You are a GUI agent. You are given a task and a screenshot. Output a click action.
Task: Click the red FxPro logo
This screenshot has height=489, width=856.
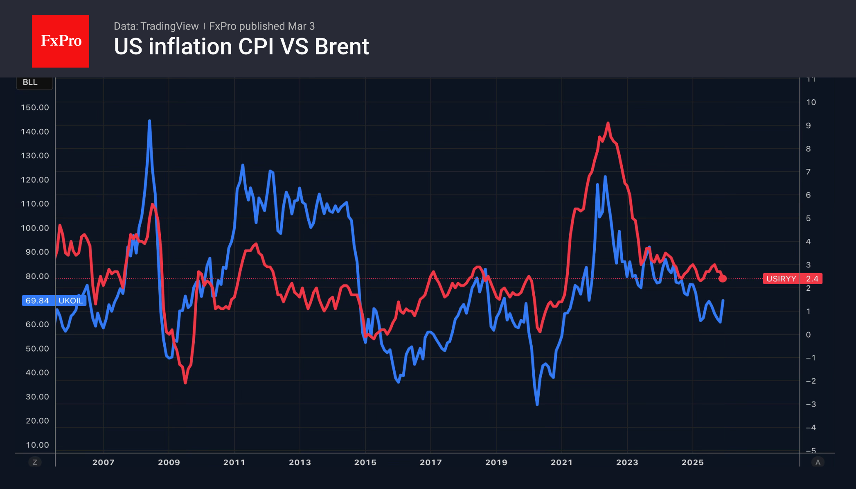tap(61, 41)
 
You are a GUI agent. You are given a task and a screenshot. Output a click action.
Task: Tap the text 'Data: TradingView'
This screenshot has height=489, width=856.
tap(156, 26)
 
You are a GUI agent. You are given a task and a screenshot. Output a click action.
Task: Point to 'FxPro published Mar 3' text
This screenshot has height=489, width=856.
tap(262, 26)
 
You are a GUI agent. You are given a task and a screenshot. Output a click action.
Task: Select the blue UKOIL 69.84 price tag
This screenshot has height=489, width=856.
tap(54, 301)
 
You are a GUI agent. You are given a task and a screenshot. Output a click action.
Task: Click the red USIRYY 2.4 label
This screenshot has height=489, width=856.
tap(792, 278)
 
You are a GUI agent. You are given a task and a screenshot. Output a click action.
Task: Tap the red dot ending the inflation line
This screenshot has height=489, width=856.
tap(723, 278)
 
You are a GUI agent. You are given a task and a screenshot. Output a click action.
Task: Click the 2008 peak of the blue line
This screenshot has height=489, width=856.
tap(149, 121)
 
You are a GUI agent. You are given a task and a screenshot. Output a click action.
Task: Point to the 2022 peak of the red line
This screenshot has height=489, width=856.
tap(608, 123)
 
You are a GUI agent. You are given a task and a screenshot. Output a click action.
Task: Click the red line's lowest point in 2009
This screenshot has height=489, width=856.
tap(185, 383)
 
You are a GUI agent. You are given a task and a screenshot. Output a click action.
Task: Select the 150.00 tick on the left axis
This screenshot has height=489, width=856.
tap(35, 107)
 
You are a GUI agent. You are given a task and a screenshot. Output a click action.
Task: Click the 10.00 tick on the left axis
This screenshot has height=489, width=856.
tap(37, 445)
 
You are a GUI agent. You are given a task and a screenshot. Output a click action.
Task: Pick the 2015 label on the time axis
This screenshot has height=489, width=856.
tap(365, 462)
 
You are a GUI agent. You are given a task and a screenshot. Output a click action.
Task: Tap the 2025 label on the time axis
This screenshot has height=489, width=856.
tap(692, 462)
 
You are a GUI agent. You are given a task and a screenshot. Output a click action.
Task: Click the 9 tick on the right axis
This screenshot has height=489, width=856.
tap(808, 126)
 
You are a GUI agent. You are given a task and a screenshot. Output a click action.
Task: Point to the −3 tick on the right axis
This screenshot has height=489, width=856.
tap(811, 404)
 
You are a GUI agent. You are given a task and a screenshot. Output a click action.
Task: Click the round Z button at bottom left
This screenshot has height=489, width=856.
tap(35, 462)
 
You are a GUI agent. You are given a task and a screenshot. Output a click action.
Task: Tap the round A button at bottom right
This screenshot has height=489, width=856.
tap(818, 462)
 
